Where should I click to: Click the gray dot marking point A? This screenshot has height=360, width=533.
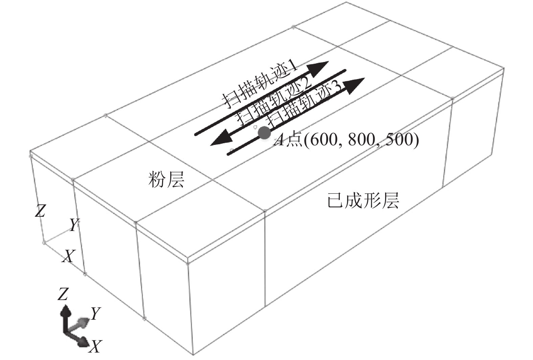(x=264, y=133)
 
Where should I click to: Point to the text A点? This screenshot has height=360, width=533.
(x=287, y=140)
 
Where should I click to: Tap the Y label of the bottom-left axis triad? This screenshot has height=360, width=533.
(x=96, y=314)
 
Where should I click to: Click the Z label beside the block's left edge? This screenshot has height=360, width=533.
(x=40, y=210)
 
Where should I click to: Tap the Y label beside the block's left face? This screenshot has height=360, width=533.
(x=74, y=225)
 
